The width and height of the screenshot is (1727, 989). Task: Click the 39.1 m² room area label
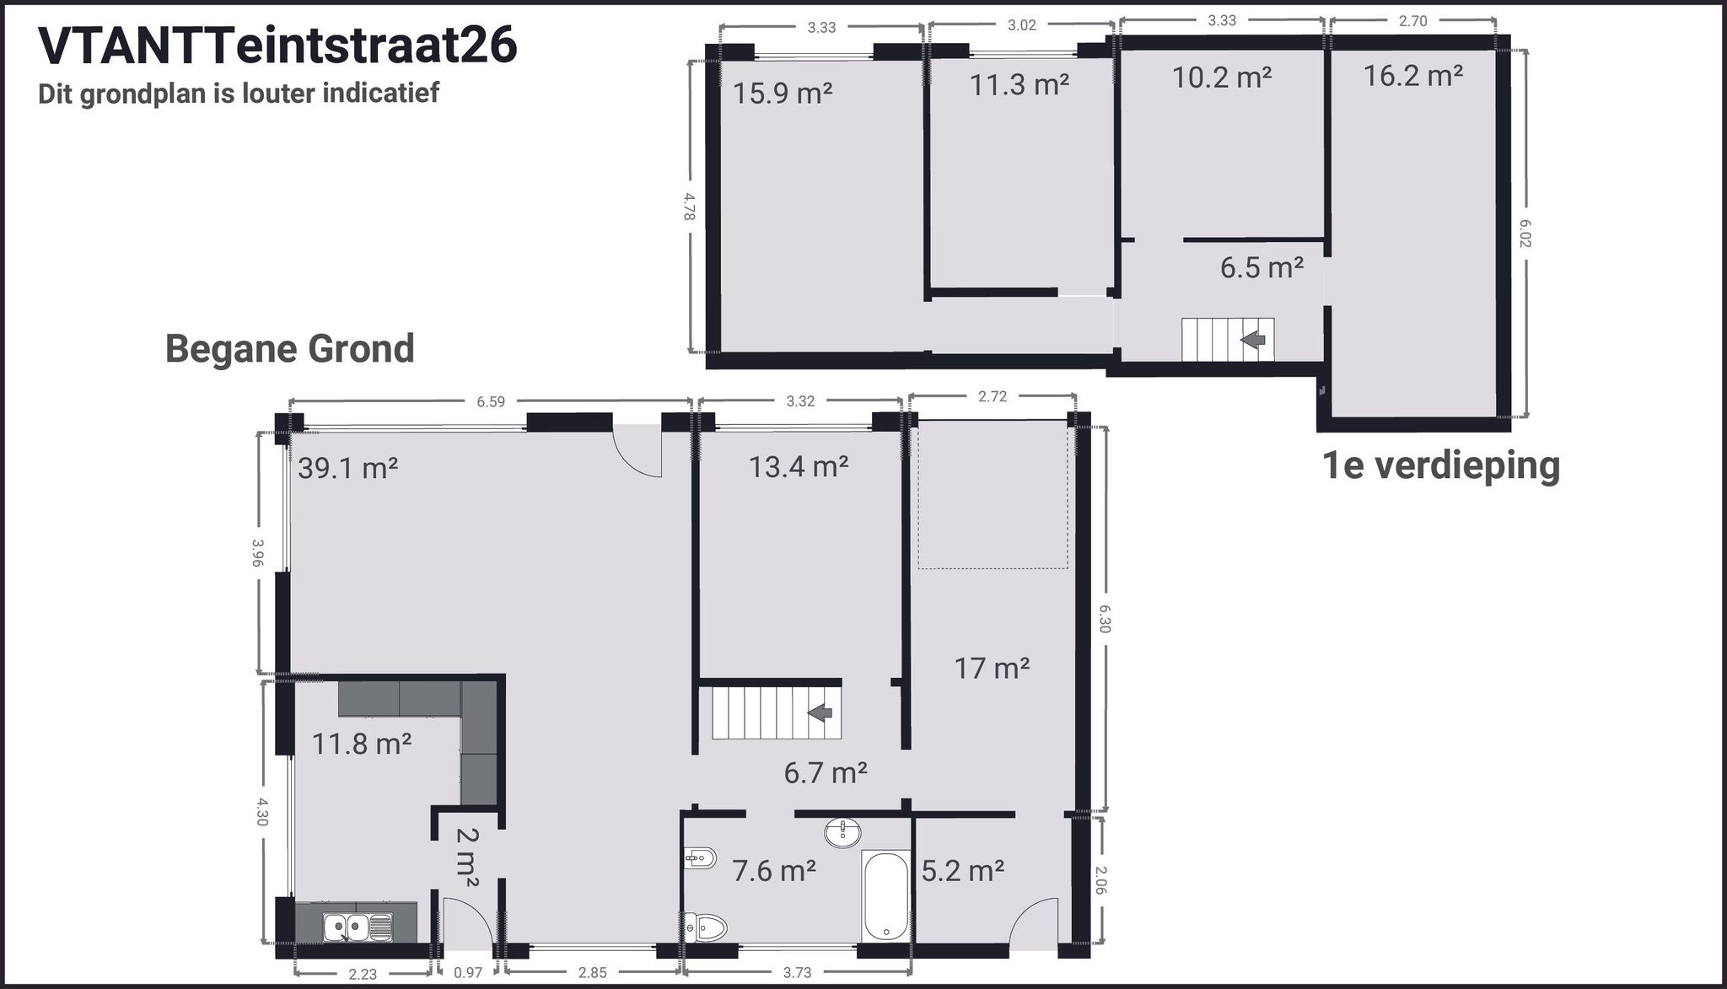(x=347, y=468)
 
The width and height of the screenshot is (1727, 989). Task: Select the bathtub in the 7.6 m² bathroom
(x=885, y=895)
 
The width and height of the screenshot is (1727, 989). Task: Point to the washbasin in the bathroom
(x=842, y=833)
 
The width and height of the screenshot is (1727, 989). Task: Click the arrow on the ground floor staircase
(x=820, y=712)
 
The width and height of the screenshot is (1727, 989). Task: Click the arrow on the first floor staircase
(x=1253, y=339)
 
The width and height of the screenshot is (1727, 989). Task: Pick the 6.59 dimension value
(x=491, y=402)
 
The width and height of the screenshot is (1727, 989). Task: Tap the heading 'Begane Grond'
(x=289, y=348)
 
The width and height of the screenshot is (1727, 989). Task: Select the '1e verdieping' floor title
(x=1440, y=465)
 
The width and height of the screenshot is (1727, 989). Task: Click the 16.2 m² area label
(x=1412, y=76)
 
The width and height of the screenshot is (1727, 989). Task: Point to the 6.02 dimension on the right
(x=1524, y=234)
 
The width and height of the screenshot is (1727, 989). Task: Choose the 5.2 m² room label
(x=962, y=871)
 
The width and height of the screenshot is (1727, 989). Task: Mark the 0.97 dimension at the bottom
(x=468, y=972)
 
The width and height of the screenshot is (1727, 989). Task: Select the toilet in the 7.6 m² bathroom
(x=707, y=928)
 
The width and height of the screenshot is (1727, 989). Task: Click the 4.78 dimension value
(x=689, y=207)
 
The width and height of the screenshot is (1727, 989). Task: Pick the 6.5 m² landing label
(x=1262, y=268)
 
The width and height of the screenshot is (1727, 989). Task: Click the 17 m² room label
(x=992, y=669)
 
